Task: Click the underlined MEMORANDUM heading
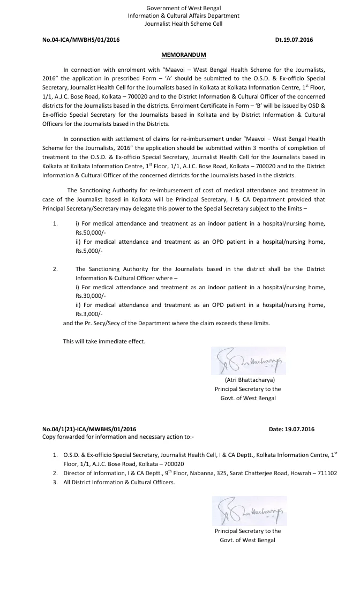coord(184,55)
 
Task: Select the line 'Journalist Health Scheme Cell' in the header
coord(184,24)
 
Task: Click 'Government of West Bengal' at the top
coord(184,8)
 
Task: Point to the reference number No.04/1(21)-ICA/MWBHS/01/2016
coord(89,429)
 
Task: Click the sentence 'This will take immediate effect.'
coord(104,341)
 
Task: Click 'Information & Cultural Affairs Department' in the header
coord(184,16)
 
